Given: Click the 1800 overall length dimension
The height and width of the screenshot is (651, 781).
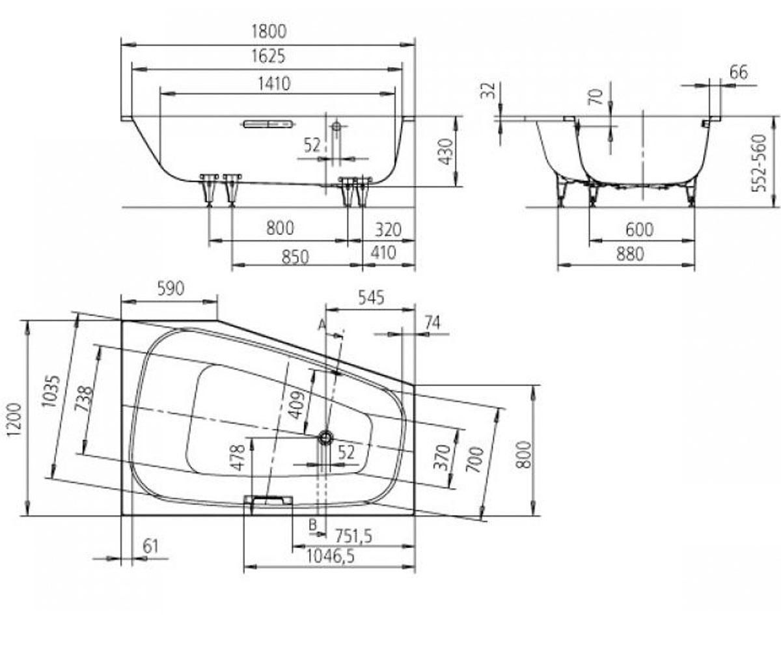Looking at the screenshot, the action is (268, 31).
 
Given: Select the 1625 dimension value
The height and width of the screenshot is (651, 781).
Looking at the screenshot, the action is (268, 56).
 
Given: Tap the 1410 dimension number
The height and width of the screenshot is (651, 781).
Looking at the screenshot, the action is (275, 84).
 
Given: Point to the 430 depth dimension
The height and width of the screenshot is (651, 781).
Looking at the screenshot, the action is (445, 152).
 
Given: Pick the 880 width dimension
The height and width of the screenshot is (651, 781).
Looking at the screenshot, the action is (629, 255).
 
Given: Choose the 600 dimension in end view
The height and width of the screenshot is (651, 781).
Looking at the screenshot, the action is (639, 229).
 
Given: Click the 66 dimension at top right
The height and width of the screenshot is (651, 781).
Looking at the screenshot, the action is (738, 72).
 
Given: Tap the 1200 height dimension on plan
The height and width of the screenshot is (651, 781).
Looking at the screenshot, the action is (14, 419).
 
